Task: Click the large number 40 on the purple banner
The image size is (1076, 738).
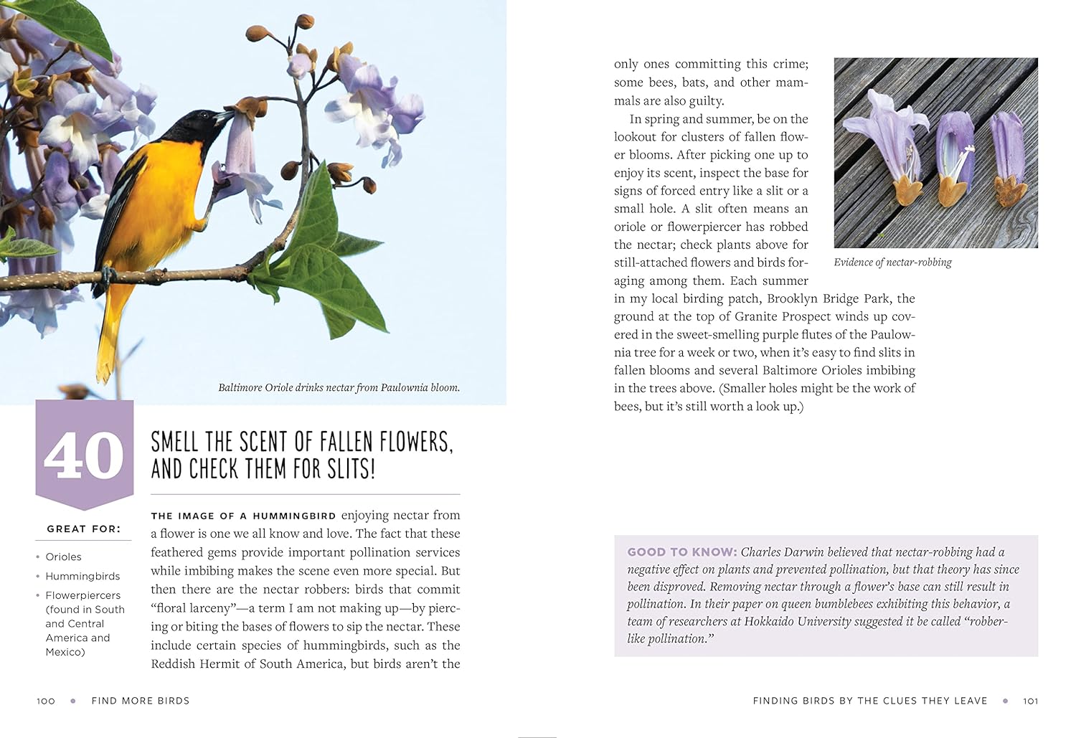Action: [84, 455]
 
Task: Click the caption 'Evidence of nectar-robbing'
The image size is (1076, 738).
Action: [892, 262]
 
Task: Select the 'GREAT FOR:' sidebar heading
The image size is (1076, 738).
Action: [84, 529]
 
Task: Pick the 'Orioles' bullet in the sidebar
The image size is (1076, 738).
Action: [63, 557]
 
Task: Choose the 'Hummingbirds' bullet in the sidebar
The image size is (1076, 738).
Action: [82, 577]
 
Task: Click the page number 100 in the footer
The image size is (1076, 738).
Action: [46, 701]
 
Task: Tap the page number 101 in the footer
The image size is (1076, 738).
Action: [1030, 701]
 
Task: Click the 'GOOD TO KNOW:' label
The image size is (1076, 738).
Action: [681, 552]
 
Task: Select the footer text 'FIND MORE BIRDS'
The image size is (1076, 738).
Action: [141, 701]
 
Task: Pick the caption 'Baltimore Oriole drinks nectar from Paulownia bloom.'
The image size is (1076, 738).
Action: [339, 388]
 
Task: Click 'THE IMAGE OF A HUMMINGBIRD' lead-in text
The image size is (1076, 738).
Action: [243, 516]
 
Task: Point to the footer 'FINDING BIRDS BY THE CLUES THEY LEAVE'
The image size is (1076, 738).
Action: [869, 701]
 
